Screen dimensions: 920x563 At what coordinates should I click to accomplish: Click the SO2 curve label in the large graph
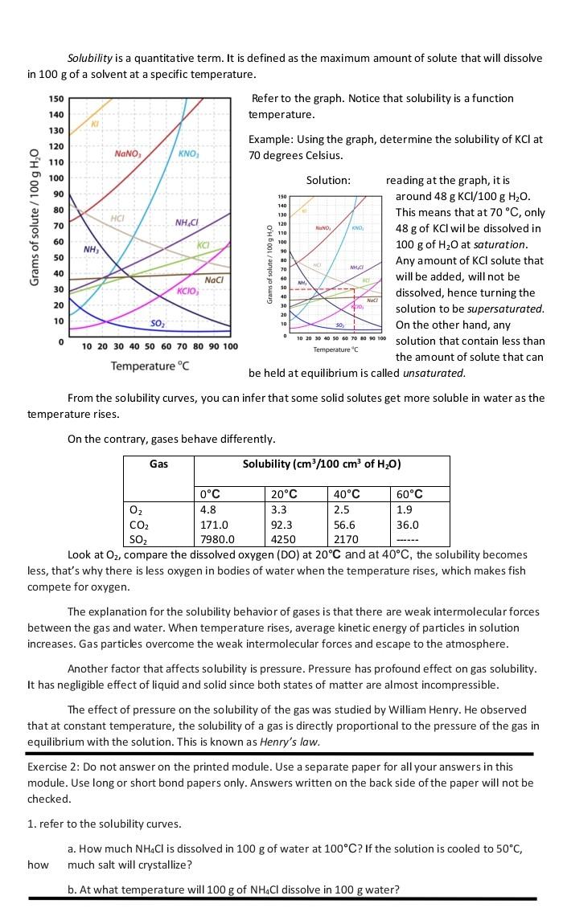click(158, 323)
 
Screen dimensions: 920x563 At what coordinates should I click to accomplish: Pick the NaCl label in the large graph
click(214, 280)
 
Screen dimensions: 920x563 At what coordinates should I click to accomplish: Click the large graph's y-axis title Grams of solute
click(35, 217)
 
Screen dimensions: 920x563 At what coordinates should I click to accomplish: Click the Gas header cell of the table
click(158, 464)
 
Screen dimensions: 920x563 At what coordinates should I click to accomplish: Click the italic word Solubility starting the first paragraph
click(89, 59)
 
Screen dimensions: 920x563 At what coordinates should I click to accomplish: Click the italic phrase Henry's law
click(296, 742)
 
